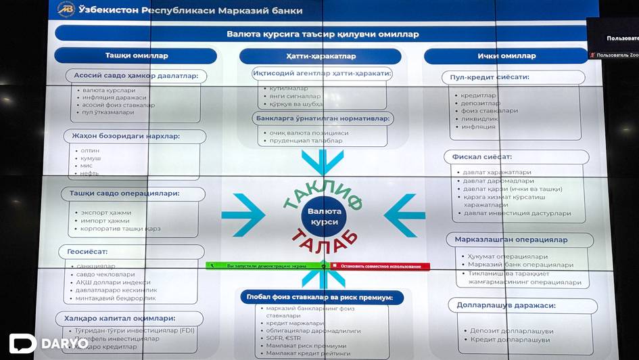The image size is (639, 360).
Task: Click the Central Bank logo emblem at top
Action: pos(66,9)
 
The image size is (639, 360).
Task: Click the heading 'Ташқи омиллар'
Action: pos(136,55)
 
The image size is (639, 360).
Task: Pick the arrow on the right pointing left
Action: pos(404,215)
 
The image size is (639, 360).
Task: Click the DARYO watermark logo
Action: pos(47,342)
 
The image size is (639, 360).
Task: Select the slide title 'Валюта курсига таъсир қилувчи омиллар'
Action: pos(323,33)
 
